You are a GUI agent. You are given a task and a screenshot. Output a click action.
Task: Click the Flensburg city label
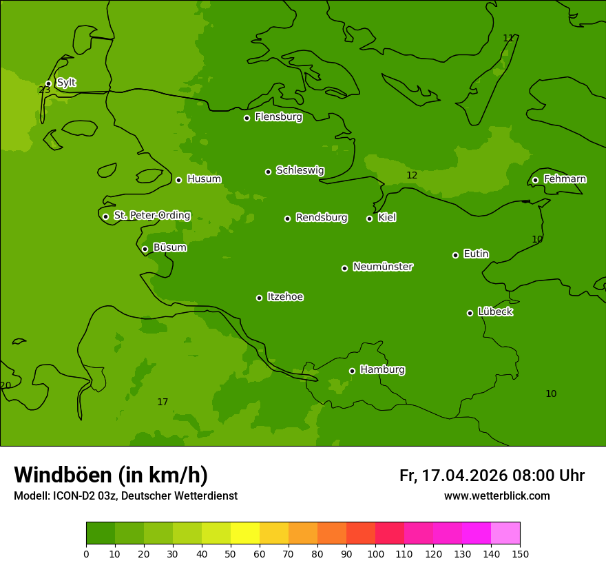[x=278, y=117]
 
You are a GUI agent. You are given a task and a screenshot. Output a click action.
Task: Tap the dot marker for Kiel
[x=369, y=218]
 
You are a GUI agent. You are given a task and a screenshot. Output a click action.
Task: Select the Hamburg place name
[x=382, y=370]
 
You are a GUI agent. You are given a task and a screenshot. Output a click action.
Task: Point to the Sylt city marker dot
[x=48, y=84]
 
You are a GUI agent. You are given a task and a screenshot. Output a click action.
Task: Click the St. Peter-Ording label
[x=151, y=216]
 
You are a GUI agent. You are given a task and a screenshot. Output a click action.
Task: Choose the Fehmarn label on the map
[x=565, y=179]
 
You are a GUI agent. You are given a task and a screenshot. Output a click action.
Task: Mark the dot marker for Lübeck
[x=470, y=313]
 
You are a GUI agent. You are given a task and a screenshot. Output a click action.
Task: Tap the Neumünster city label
[x=383, y=267]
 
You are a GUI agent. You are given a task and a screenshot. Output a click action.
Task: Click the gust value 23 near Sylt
[x=45, y=90]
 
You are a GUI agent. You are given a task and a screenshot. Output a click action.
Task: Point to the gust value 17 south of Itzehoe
[x=163, y=402]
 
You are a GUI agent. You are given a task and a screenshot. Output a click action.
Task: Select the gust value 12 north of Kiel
[x=412, y=176]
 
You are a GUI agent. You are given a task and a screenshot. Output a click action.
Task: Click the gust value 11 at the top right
[x=508, y=39]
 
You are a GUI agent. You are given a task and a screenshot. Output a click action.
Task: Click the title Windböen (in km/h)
[x=111, y=475]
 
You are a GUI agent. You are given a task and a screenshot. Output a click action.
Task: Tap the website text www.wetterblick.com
[x=497, y=496]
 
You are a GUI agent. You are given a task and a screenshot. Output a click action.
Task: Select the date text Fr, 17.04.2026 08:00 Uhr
[x=492, y=476]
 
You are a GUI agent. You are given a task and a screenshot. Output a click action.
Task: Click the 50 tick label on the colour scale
[x=231, y=554]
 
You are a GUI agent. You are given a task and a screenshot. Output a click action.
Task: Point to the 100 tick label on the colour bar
[x=375, y=554]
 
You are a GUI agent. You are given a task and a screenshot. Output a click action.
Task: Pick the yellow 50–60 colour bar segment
[x=245, y=533]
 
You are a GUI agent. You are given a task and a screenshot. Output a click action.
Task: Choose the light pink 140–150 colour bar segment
[x=505, y=533]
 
